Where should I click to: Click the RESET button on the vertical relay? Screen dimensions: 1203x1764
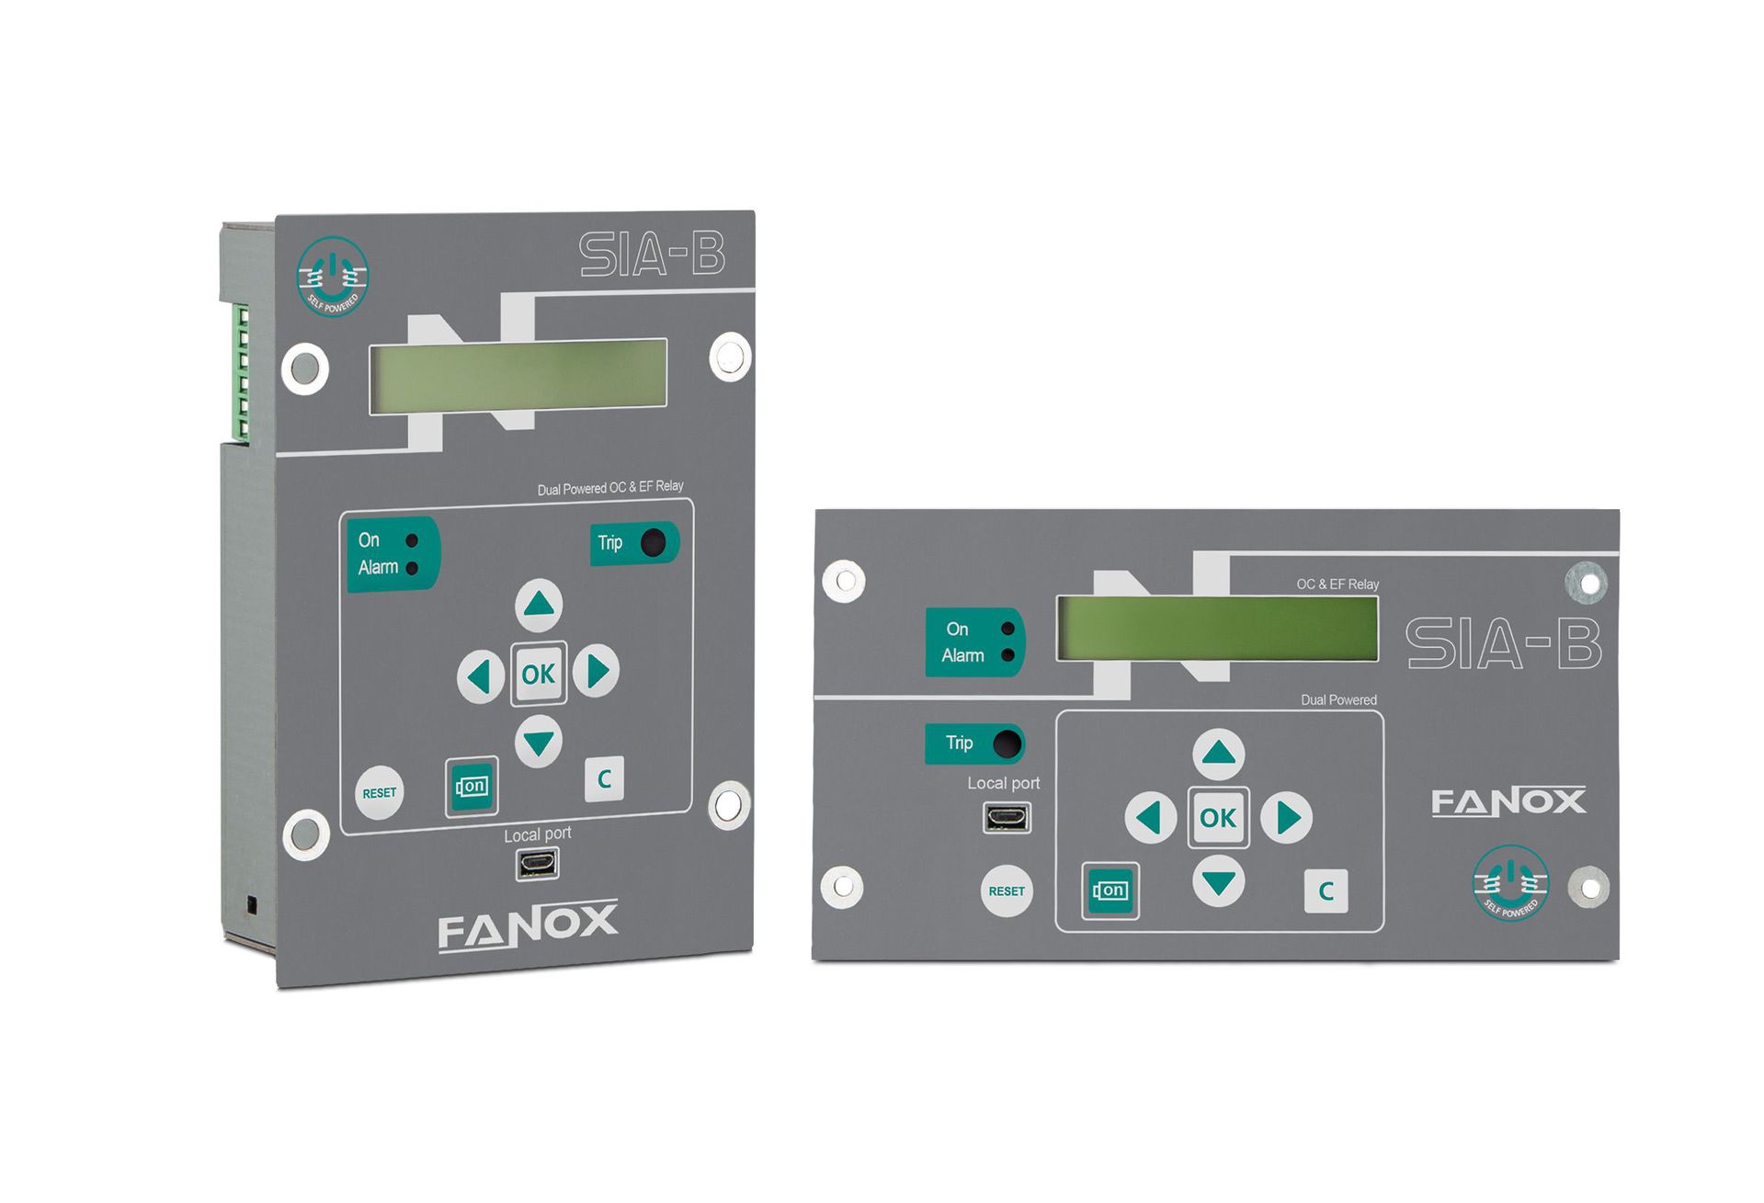(x=379, y=792)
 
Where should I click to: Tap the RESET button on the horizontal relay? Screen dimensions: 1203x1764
(x=1007, y=891)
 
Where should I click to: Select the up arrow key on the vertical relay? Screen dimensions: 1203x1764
(x=539, y=604)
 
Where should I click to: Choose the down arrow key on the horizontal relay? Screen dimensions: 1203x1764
(x=1219, y=882)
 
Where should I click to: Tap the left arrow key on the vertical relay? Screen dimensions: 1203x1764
(x=480, y=677)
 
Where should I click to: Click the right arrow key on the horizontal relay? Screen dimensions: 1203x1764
(x=1287, y=817)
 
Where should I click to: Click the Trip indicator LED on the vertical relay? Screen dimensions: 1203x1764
(x=653, y=542)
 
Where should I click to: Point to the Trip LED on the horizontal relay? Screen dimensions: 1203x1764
(x=1007, y=743)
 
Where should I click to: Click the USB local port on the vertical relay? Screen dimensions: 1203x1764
(x=537, y=864)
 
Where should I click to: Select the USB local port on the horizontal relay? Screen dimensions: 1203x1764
(x=1007, y=817)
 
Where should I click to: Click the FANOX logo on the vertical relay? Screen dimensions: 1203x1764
(x=528, y=925)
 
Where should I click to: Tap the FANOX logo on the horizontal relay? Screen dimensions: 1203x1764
(x=1508, y=801)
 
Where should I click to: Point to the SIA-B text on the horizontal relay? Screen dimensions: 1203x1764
(x=1503, y=643)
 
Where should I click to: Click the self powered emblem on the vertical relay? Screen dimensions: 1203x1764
(x=333, y=277)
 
